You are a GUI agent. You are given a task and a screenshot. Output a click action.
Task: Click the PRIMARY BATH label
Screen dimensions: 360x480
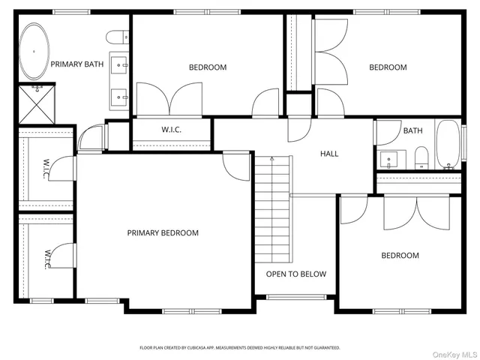click(x=76, y=64)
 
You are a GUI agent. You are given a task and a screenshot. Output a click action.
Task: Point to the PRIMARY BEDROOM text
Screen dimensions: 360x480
click(x=163, y=233)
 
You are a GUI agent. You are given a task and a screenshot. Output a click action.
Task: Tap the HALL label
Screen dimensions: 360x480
click(x=329, y=154)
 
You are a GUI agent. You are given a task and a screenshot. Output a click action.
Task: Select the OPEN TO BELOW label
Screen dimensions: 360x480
click(x=296, y=274)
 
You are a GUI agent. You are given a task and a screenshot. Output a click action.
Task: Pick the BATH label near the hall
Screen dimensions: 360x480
click(x=412, y=130)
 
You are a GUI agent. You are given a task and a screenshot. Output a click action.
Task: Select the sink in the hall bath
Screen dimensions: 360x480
click(x=389, y=160)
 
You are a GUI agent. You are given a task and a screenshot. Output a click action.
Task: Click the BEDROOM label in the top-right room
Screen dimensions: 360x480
click(x=388, y=67)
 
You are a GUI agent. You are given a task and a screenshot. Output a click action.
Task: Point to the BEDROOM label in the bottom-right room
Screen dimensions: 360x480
click(x=400, y=256)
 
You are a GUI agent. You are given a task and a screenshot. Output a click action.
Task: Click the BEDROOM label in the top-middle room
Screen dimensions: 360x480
click(x=207, y=67)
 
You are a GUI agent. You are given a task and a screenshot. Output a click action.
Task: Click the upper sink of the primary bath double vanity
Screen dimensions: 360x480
click(x=119, y=66)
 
